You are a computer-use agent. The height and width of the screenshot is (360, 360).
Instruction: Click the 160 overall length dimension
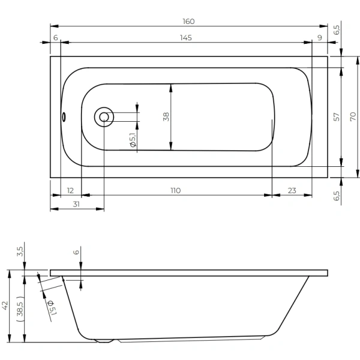(188, 22)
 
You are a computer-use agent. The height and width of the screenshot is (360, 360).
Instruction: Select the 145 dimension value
(186, 38)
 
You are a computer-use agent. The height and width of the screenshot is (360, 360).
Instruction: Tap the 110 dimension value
(175, 191)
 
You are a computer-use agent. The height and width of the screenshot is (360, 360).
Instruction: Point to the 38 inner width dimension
(166, 116)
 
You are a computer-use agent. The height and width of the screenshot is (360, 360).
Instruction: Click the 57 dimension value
(337, 117)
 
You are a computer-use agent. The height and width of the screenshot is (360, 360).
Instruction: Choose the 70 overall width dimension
(353, 116)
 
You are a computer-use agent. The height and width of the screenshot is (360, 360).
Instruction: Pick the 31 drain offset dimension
(76, 204)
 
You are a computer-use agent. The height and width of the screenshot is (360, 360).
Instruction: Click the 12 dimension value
(70, 191)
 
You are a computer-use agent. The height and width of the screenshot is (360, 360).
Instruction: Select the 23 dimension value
(292, 191)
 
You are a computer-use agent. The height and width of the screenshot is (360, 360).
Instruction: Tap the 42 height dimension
(5, 305)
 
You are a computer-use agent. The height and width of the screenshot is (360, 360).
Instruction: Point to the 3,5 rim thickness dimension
(20, 251)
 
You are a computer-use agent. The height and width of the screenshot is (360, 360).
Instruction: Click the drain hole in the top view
(104, 117)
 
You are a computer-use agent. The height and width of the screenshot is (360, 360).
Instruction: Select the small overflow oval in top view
(64, 116)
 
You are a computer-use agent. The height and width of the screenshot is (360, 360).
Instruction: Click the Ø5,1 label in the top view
(133, 140)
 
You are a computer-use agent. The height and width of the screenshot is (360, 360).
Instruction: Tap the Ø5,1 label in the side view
(52, 307)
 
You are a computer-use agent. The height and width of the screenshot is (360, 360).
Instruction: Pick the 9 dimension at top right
(320, 38)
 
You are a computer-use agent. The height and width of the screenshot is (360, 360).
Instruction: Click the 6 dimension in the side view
(76, 252)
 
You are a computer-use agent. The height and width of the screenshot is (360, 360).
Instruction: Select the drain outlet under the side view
(104, 341)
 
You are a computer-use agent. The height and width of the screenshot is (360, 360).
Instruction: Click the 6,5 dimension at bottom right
(337, 196)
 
